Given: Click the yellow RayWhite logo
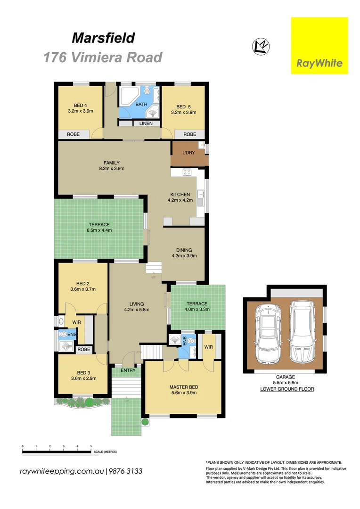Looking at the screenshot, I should (x=319, y=46).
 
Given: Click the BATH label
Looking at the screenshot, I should (x=141, y=104).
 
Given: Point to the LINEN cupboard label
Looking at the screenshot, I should (x=146, y=123).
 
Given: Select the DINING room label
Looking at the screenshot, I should (x=184, y=250).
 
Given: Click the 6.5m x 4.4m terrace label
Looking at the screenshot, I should (x=99, y=230).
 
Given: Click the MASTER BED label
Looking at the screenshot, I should (x=184, y=387).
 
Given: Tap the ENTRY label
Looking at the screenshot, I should (x=128, y=370).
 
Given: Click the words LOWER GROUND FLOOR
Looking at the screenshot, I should (x=287, y=389).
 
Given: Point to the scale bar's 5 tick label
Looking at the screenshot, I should (x=91, y=446).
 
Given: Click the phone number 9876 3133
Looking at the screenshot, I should (x=126, y=471).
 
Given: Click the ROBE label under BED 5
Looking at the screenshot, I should (x=189, y=134).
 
